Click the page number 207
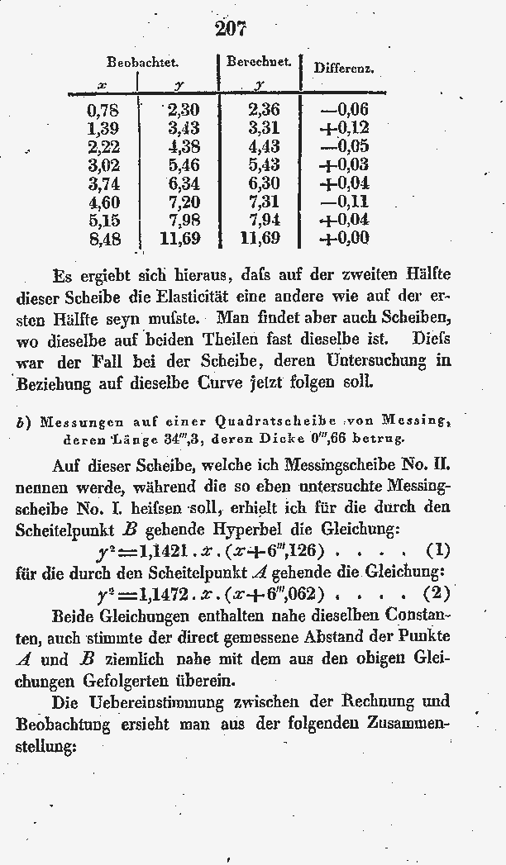[231, 29]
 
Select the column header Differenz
[343, 69]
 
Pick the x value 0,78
[103, 110]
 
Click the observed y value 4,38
[184, 147]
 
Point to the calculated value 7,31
[264, 202]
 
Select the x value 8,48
[103, 240]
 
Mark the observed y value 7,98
[184, 221]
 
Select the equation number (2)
[437, 593]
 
